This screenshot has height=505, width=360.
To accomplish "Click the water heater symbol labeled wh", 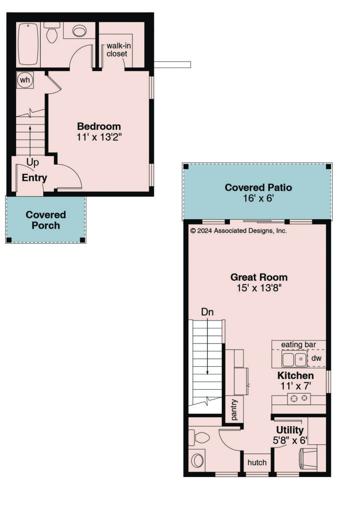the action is (x=25, y=79).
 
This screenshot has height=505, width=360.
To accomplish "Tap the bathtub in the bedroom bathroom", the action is (x=28, y=44).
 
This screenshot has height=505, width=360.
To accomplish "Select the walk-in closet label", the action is (x=119, y=50).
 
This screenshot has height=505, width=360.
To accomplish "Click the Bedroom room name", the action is (x=99, y=126).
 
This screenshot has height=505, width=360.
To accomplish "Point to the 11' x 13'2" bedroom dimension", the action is (x=99, y=137).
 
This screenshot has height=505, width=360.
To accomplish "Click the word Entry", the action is (x=34, y=178).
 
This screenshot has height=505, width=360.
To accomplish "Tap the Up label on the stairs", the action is (x=32, y=162).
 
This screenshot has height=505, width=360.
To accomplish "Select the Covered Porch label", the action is (x=46, y=220).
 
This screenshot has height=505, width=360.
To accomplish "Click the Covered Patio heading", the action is (x=258, y=187).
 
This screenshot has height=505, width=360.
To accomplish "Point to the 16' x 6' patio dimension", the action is (x=258, y=198).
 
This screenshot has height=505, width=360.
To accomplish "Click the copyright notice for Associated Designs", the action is (x=238, y=230).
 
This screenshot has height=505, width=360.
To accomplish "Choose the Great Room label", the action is (x=259, y=278).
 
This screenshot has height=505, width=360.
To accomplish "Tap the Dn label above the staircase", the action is (x=207, y=312).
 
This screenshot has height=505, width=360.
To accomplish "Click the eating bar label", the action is (x=298, y=345).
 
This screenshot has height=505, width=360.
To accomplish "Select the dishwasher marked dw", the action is (x=316, y=358).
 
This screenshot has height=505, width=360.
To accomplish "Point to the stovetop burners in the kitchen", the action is (x=299, y=399).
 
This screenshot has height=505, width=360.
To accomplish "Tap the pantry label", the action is (x=234, y=410).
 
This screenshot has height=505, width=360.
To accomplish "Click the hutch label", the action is (x=257, y=462).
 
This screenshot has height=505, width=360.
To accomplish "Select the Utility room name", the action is (x=290, y=430).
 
